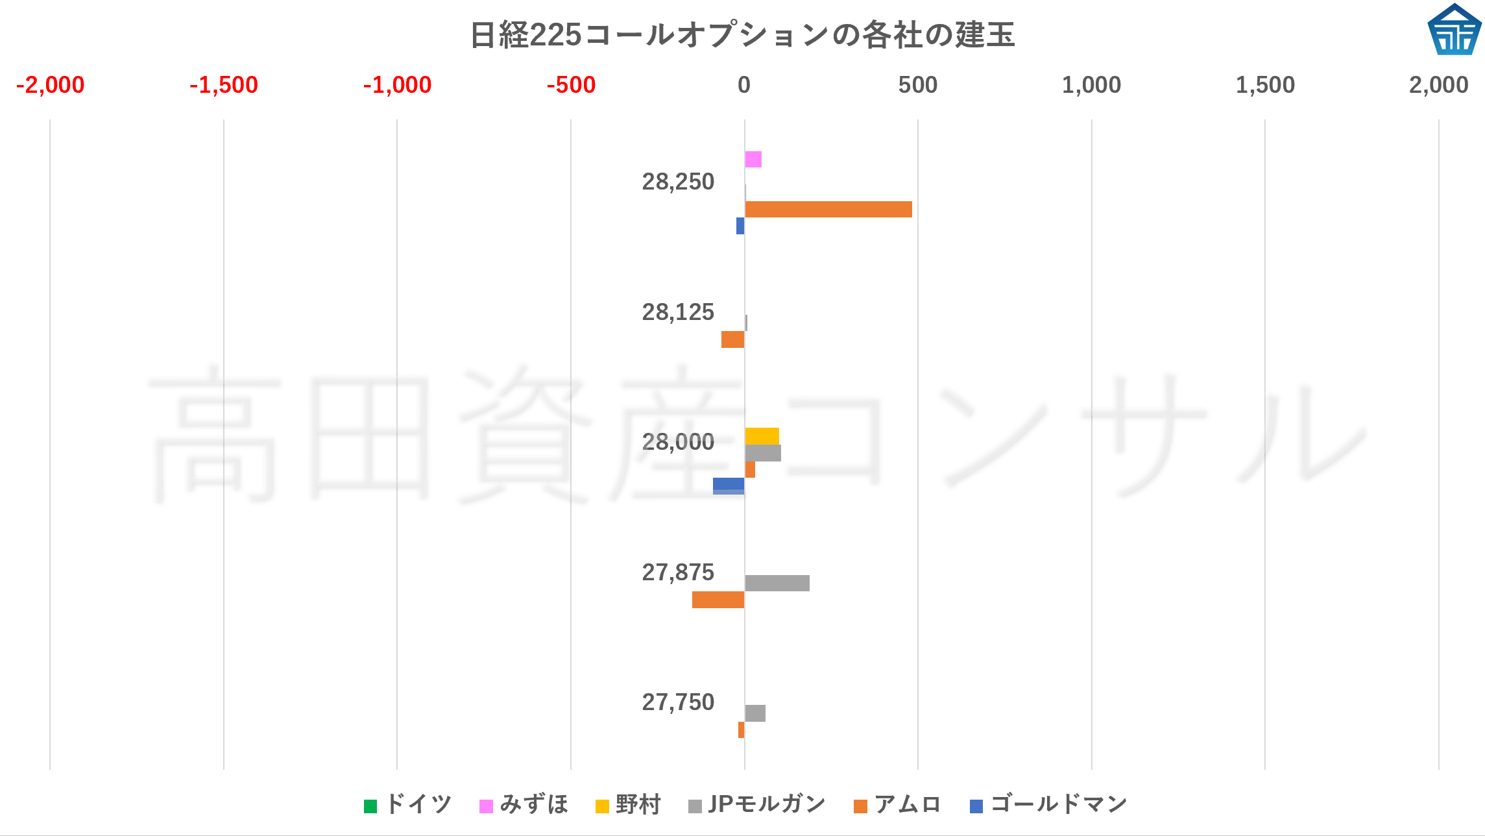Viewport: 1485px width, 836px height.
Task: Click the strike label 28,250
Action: [x=678, y=182]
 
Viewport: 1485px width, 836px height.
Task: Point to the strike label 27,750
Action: [x=678, y=702]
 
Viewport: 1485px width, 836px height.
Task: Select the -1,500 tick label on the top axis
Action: [x=223, y=85]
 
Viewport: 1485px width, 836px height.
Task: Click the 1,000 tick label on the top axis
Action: [x=1091, y=85]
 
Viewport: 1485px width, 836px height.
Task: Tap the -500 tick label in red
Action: [x=571, y=85]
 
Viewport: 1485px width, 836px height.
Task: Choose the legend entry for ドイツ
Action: [x=408, y=804]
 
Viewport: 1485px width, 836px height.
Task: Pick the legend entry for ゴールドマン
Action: [x=1048, y=804]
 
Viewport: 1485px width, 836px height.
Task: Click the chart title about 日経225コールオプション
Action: [x=742, y=34]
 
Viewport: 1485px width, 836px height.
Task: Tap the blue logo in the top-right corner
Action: [x=1454, y=30]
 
